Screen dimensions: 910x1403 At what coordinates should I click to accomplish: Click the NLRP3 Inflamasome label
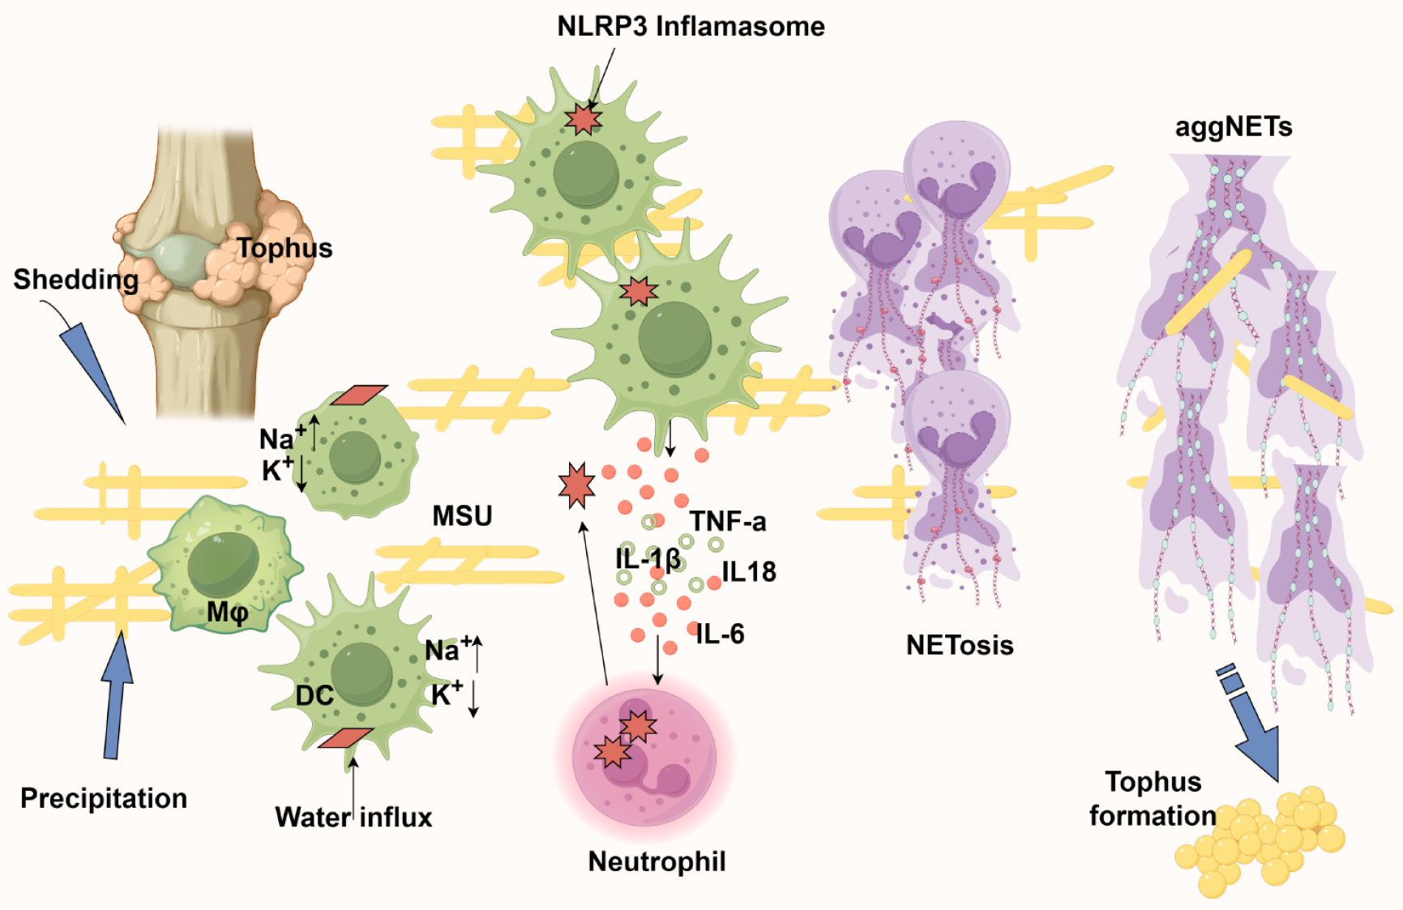tap(691, 26)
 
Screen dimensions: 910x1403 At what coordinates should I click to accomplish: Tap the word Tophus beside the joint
tap(284, 248)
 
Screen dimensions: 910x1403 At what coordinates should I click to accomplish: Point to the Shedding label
tap(75, 280)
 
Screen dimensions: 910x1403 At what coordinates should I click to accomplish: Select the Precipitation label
tap(104, 798)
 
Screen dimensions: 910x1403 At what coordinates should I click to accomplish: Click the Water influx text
tap(353, 817)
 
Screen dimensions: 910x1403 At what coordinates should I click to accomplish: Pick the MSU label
tap(462, 515)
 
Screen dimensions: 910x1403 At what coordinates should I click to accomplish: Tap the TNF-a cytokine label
tap(727, 521)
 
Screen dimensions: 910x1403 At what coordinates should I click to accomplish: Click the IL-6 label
tap(720, 634)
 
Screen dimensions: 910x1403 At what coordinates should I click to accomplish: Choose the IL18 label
tap(748, 572)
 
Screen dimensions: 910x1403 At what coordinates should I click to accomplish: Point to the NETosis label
tap(960, 645)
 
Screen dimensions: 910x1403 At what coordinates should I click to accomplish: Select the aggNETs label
tap(1234, 127)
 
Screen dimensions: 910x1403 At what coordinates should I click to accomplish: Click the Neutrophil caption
tap(657, 861)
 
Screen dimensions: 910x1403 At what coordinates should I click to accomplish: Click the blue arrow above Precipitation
tap(118, 697)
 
